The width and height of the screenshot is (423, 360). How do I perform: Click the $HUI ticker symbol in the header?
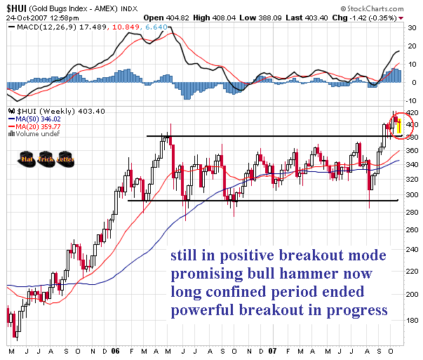pos(16,6)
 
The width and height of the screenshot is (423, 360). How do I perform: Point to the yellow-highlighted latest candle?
pos(399,126)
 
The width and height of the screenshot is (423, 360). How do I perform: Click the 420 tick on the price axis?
pos(411,113)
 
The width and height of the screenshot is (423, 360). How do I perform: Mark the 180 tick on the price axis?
pos(411,320)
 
